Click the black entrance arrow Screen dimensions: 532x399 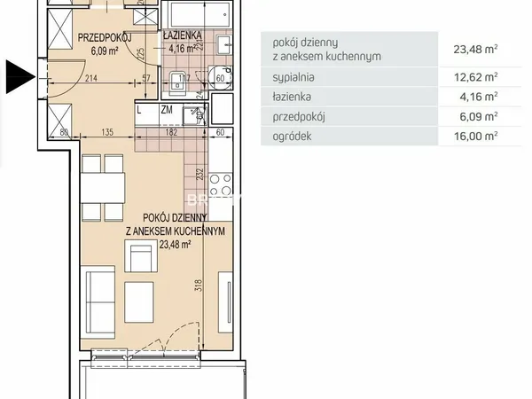20,76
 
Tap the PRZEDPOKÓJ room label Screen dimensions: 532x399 105,37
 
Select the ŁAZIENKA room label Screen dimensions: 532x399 182,35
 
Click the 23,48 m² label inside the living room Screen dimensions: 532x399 175,245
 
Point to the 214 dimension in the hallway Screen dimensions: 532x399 91,78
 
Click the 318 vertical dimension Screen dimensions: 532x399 199,285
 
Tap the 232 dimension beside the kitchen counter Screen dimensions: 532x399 200,174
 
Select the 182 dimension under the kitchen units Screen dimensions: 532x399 171,132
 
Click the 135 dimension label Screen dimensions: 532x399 107,132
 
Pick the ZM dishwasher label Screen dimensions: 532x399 167,110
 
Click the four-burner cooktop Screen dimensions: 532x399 221,184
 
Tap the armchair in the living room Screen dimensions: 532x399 141,256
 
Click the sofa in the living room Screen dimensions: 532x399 98,302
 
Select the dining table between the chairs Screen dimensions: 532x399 103,188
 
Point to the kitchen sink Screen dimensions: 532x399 195,115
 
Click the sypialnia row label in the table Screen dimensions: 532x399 293,77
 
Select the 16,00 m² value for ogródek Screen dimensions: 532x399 475,136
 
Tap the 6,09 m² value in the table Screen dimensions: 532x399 479,116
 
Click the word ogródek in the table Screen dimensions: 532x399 292,136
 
